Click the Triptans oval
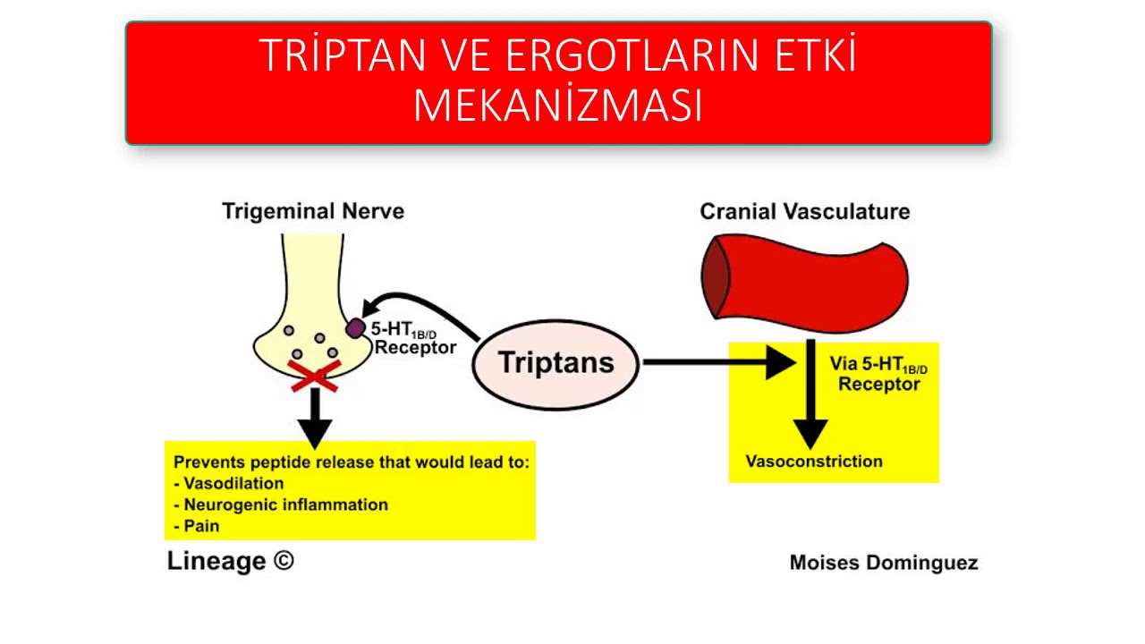point(556,363)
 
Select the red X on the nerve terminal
point(314,376)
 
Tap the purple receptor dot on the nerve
point(355,328)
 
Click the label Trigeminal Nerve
point(313,212)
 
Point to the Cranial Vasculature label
point(804,212)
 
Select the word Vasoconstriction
point(813,462)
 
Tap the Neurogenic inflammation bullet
point(284,504)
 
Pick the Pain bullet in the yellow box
point(200,526)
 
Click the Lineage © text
point(230,562)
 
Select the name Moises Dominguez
point(883,563)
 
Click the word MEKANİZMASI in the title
point(557,106)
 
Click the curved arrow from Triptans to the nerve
point(420,305)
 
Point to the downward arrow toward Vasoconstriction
point(810,394)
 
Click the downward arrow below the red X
point(314,419)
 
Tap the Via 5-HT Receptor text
point(878,375)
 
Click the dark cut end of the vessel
point(716,278)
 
